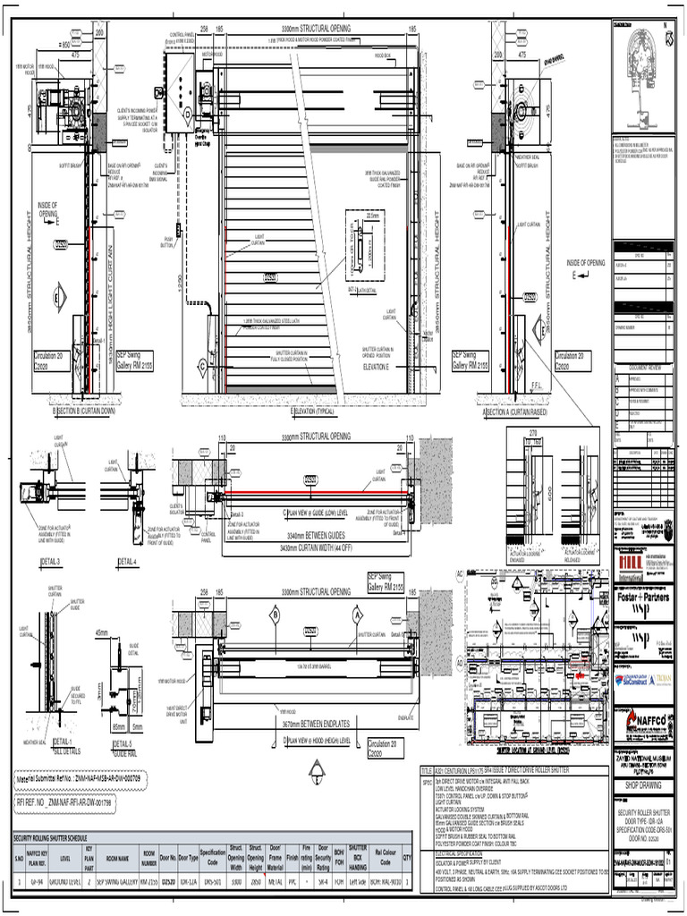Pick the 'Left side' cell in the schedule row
[357, 881]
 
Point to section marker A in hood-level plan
[355, 615]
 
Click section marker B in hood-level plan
[276, 615]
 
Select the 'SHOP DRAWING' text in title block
[643, 787]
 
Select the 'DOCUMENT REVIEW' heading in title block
[643, 368]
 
